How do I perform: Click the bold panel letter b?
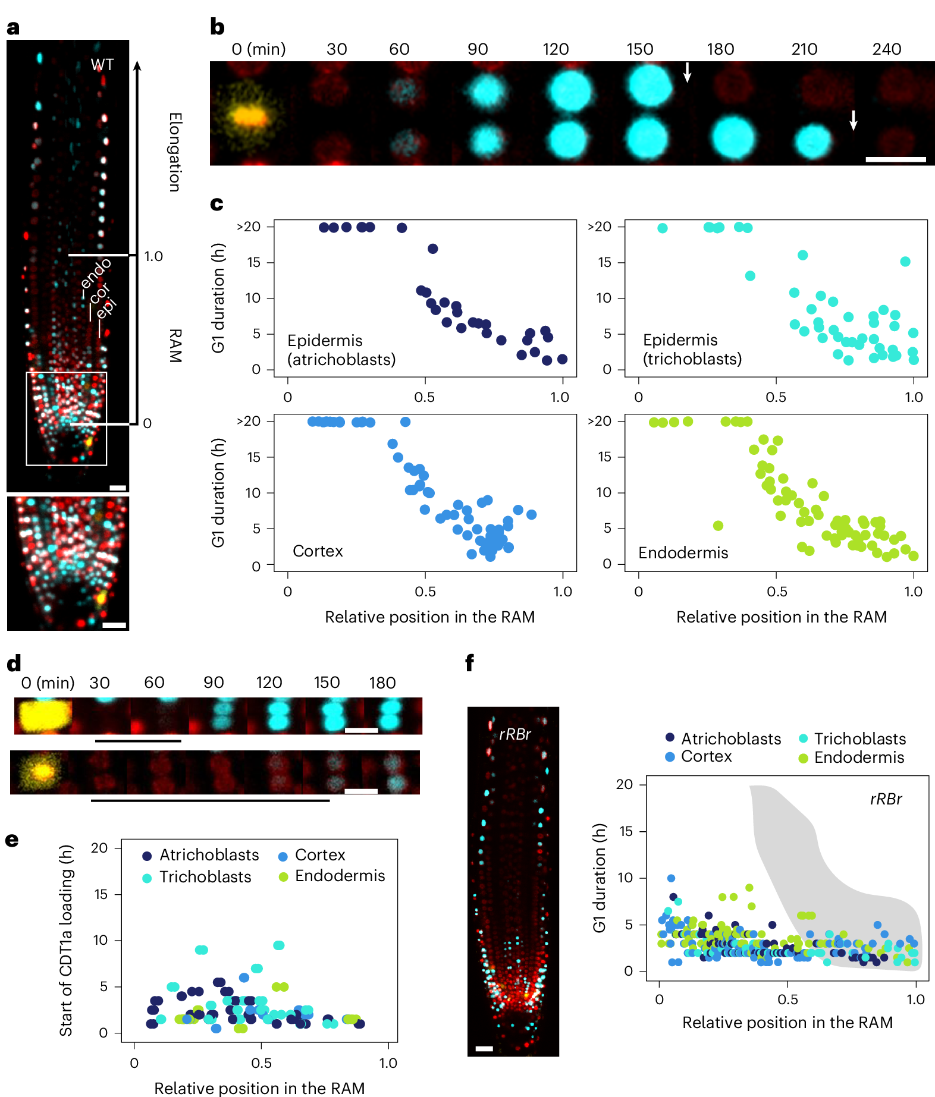pos(217,27)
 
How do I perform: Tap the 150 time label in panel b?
pos(639,49)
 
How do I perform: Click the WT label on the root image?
pos(102,65)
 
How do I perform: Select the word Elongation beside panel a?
pos(175,152)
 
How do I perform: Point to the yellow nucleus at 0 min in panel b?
pos(250,115)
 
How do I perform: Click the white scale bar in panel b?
pos(895,159)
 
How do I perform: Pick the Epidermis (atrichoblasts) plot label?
pos(341,350)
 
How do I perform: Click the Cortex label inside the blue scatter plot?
pos(318,551)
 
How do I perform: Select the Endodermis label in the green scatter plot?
pos(683,553)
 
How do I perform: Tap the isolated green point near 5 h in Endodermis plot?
pos(718,526)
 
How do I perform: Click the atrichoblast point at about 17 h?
pos(432,249)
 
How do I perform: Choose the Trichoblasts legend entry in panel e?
pos(205,877)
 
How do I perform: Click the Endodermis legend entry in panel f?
pos(858,757)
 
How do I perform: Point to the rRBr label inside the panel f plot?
pos(885,799)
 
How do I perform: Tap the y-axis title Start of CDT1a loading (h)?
pos(66,940)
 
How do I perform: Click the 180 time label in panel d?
pos(382,683)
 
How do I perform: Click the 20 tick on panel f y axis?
pos(624,784)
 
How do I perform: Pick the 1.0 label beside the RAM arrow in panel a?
pos(153,256)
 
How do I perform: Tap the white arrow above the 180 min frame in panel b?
pos(687,72)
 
